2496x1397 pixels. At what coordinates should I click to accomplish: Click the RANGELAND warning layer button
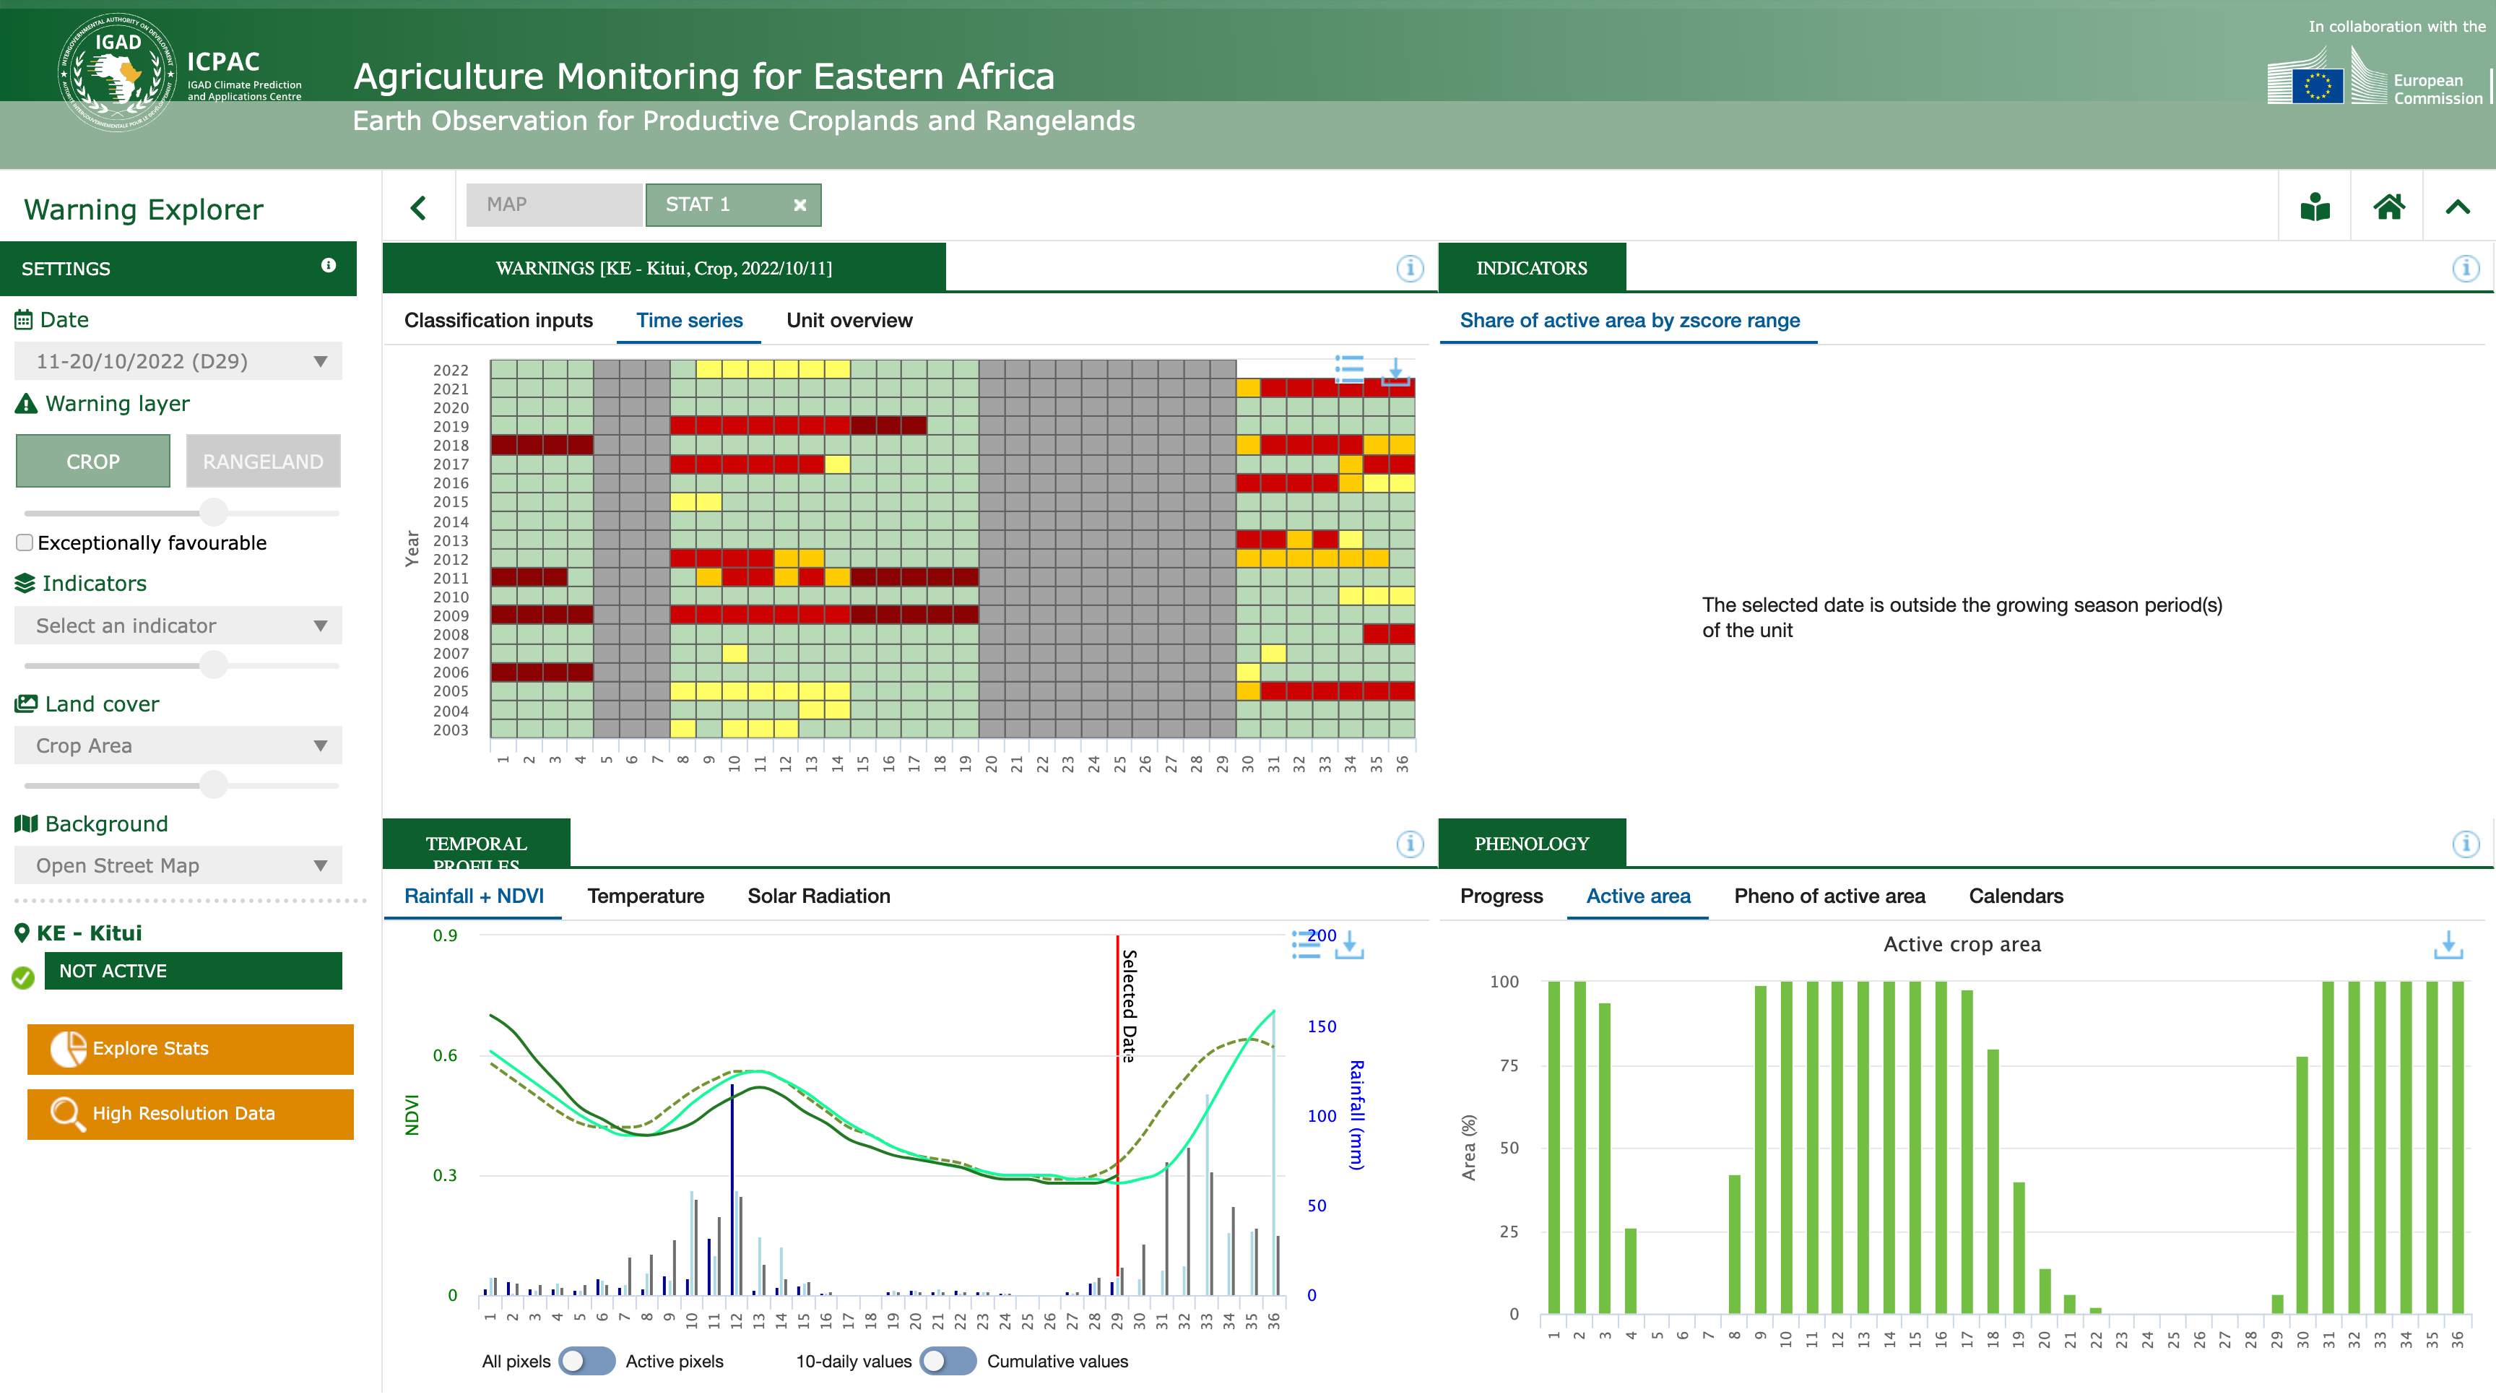[263, 461]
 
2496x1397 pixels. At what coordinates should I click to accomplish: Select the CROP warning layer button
[93, 461]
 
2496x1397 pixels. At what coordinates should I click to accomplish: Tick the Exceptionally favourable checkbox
[25, 542]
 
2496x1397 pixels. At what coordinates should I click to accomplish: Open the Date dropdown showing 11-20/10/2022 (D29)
[178, 361]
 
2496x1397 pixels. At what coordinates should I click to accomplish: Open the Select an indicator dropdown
[178, 626]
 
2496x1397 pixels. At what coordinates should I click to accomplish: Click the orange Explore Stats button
[190, 1048]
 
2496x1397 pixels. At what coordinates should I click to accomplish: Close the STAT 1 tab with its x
[799, 205]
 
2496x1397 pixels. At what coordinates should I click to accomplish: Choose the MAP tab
[553, 204]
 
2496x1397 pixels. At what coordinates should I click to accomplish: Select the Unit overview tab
[849, 321]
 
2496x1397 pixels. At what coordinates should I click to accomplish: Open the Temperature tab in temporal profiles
[646, 896]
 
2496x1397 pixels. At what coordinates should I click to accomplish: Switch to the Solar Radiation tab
[819, 896]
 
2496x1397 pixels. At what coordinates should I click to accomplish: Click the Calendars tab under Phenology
[2016, 896]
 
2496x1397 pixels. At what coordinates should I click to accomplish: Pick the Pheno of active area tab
[1829, 896]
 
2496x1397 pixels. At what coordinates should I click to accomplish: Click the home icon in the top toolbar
[2388, 207]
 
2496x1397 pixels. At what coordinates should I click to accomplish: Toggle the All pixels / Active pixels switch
[586, 1361]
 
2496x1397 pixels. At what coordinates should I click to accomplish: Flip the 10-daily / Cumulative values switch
[948, 1361]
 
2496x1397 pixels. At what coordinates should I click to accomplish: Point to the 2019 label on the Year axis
[451, 426]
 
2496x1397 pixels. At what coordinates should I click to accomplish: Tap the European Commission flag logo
[2317, 85]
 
